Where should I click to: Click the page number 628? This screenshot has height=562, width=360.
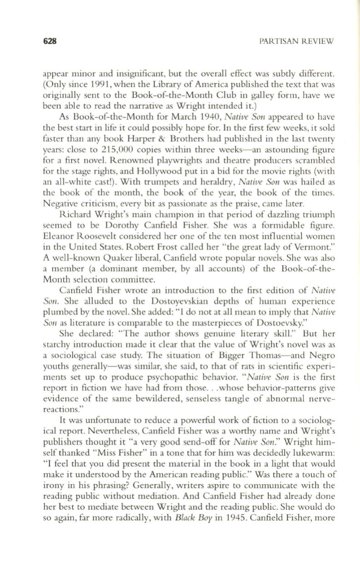[x=49, y=41]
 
